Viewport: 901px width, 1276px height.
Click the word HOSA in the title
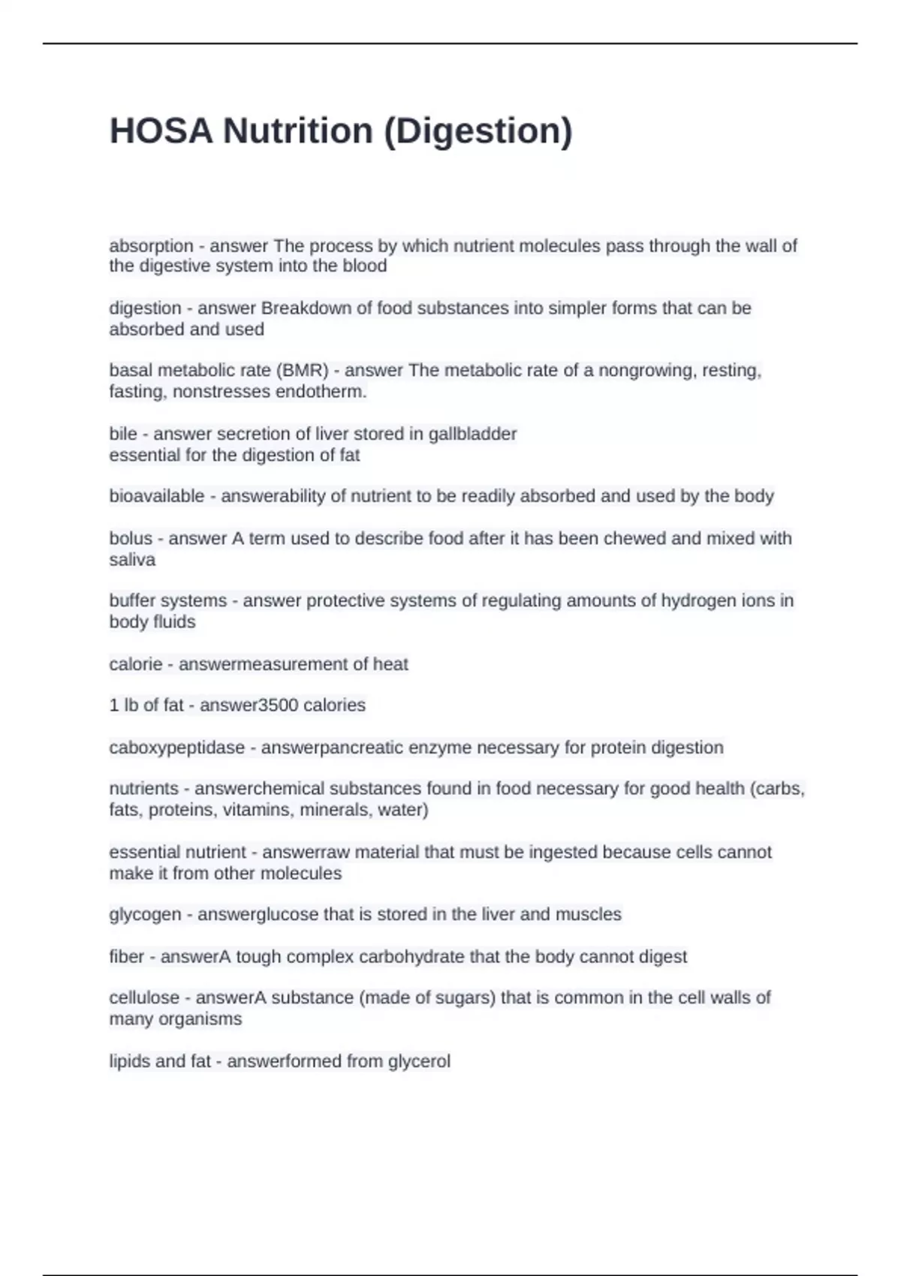click(x=161, y=131)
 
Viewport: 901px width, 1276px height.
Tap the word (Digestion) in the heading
click(x=478, y=131)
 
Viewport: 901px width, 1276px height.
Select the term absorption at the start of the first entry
click(x=151, y=246)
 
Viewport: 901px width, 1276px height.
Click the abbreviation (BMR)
click(x=303, y=371)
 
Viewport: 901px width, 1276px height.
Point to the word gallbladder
click(x=472, y=434)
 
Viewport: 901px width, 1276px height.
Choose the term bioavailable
click(x=156, y=496)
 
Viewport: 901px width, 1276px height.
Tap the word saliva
click(x=132, y=560)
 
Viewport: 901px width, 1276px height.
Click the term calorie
click(x=135, y=664)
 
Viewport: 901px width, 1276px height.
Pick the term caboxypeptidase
click(x=176, y=748)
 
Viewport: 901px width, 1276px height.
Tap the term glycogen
click(x=145, y=915)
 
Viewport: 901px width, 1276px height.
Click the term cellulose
click(x=144, y=998)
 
